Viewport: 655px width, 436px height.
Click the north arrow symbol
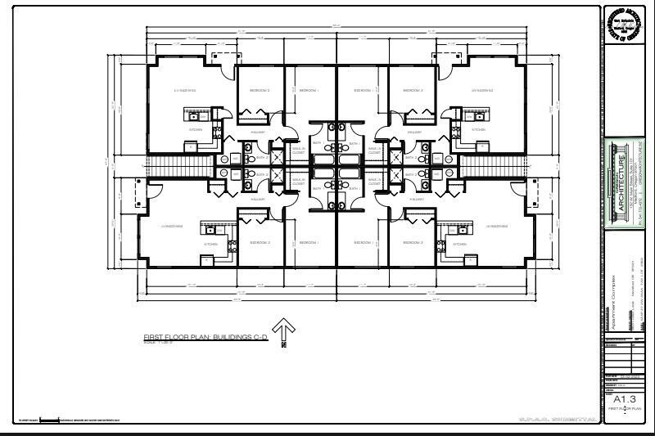pyautogui.click(x=283, y=330)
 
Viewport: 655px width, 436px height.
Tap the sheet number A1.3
pyautogui.click(x=624, y=398)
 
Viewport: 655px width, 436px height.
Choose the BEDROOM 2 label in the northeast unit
pyautogui.click(x=411, y=89)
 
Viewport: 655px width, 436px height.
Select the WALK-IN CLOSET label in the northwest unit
pyautogui.click(x=297, y=151)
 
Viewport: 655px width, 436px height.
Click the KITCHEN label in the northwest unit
pyautogui.click(x=196, y=129)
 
